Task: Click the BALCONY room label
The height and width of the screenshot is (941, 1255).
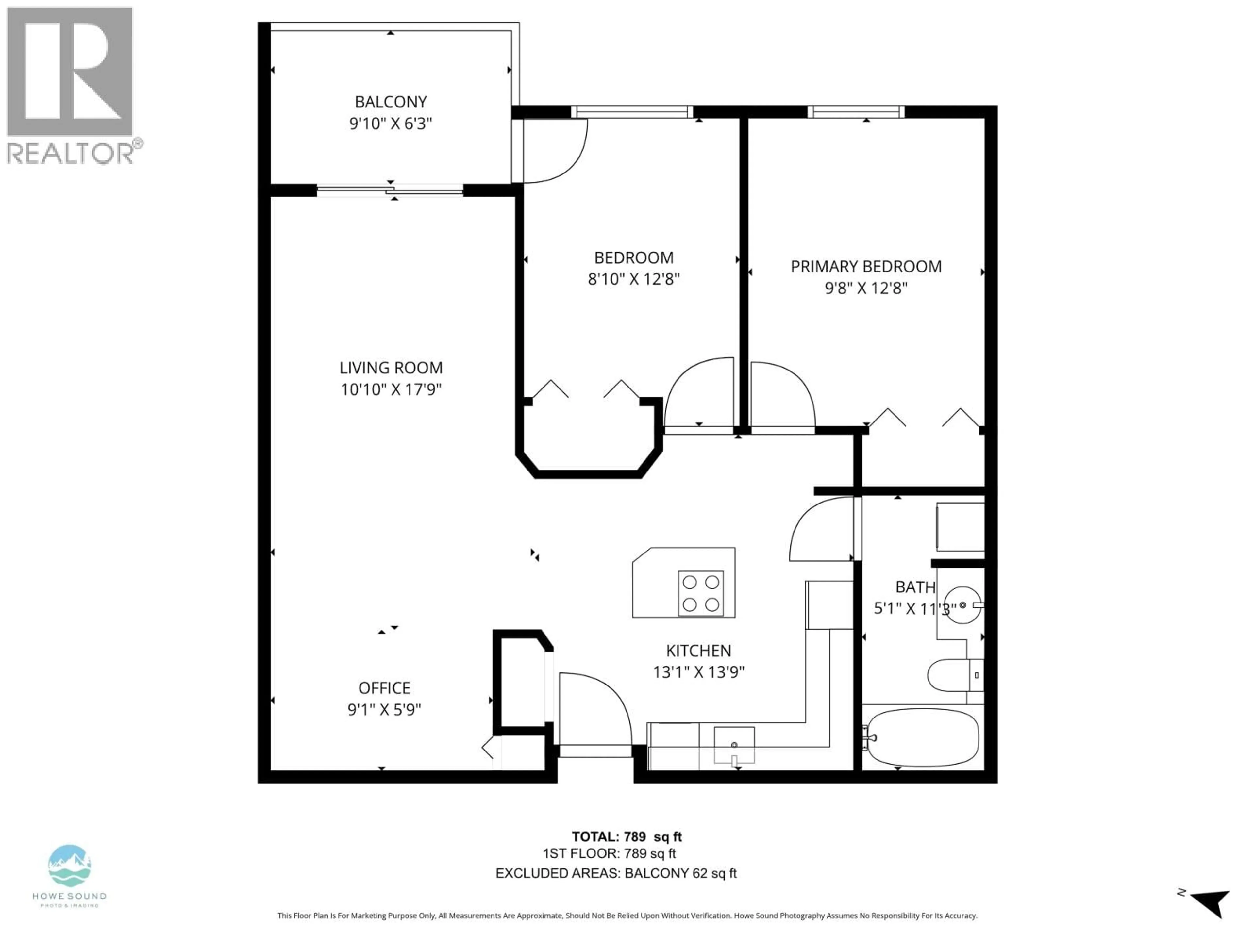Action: click(x=390, y=102)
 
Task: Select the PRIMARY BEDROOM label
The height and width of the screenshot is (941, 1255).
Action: click(x=866, y=267)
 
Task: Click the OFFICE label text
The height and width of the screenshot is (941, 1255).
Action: click(x=384, y=688)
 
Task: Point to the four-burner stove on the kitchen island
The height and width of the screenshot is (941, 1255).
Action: click(x=701, y=593)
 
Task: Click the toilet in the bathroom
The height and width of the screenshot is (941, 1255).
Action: click(x=953, y=675)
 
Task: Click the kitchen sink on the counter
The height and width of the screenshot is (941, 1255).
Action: click(x=734, y=745)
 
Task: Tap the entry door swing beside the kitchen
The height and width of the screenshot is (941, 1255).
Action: click(x=594, y=709)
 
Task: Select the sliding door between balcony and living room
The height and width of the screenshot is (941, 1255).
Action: click(x=390, y=190)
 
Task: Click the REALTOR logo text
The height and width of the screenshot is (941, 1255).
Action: click(x=71, y=153)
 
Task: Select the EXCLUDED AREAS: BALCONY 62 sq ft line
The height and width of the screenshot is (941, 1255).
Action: click(x=616, y=873)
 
